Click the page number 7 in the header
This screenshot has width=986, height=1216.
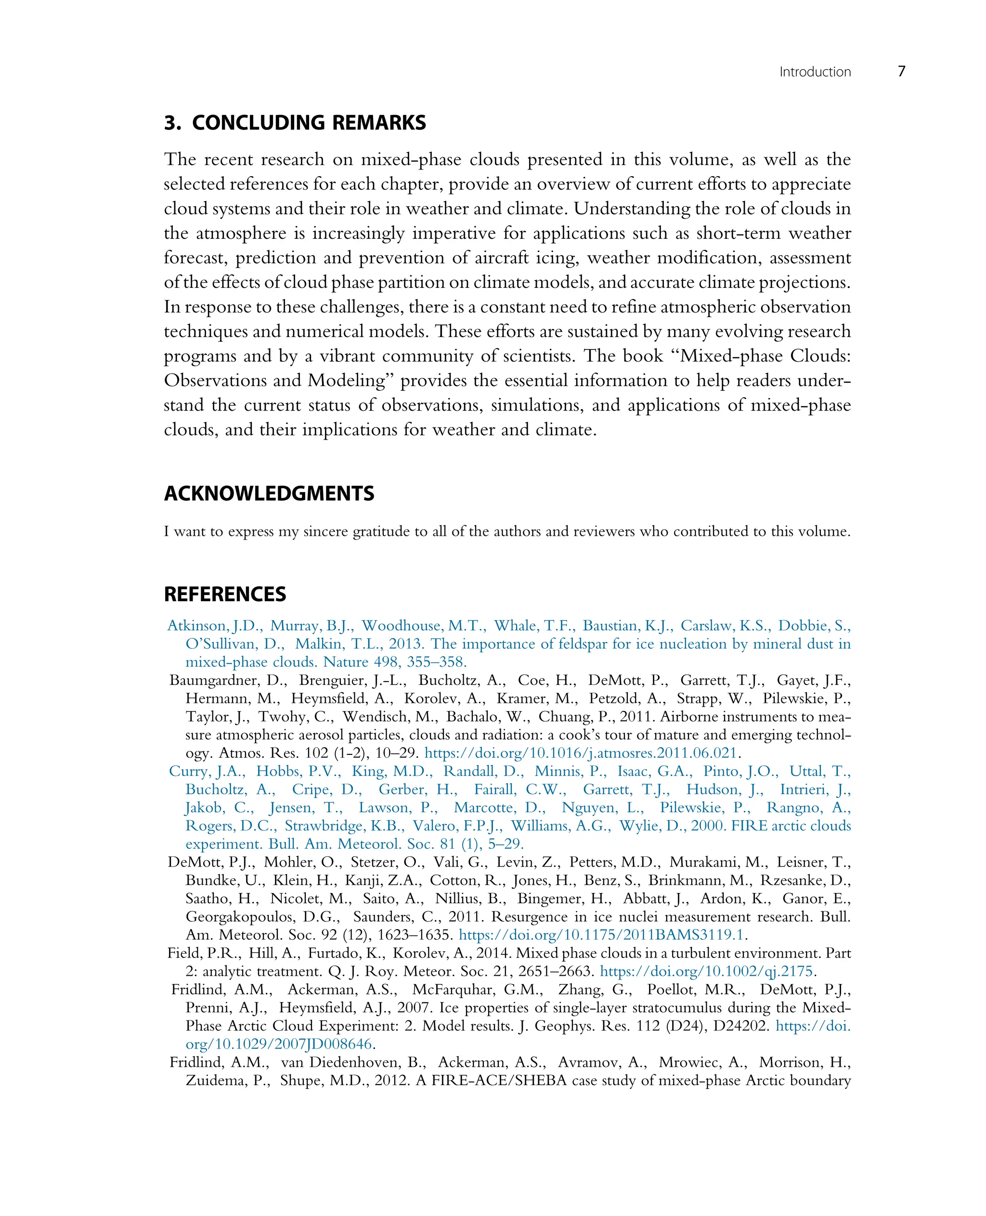(x=901, y=72)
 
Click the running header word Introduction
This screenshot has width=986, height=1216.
(x=815, y=72)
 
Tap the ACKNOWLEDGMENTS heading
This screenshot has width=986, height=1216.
(x=269, y=493)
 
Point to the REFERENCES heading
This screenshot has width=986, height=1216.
(x=225, y=594)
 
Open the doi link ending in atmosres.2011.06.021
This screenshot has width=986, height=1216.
(x=581, y=753)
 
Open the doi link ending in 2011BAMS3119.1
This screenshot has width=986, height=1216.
(x=601, y=935)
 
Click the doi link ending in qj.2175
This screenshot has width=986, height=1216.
(x=708, y=971)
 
